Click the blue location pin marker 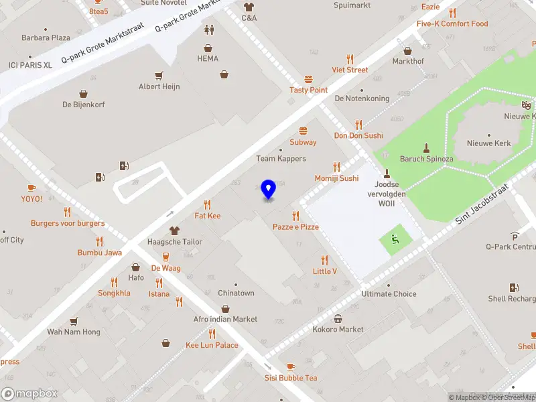(269, 190)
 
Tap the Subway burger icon (304, 131)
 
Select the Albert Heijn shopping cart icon (159, 75)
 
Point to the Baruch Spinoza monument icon (426, 147)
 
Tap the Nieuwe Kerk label (489, 143)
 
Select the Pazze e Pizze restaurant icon (295, 216)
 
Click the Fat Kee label (208, 216)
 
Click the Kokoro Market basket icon (338, 318)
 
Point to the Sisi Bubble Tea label (291, 378)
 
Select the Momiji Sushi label (336, 178)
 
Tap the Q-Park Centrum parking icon (515, 235)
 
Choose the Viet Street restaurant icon (349, 59)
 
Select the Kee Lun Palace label (212, 345)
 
